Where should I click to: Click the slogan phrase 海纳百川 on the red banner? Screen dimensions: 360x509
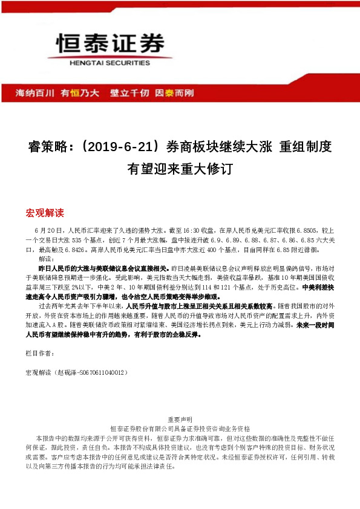coord(34,93)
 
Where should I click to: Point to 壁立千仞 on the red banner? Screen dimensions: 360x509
coord(129,93)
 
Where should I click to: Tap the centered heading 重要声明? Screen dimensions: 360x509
coord(180,419)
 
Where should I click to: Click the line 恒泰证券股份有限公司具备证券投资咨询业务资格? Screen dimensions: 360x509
coord(180,428)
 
